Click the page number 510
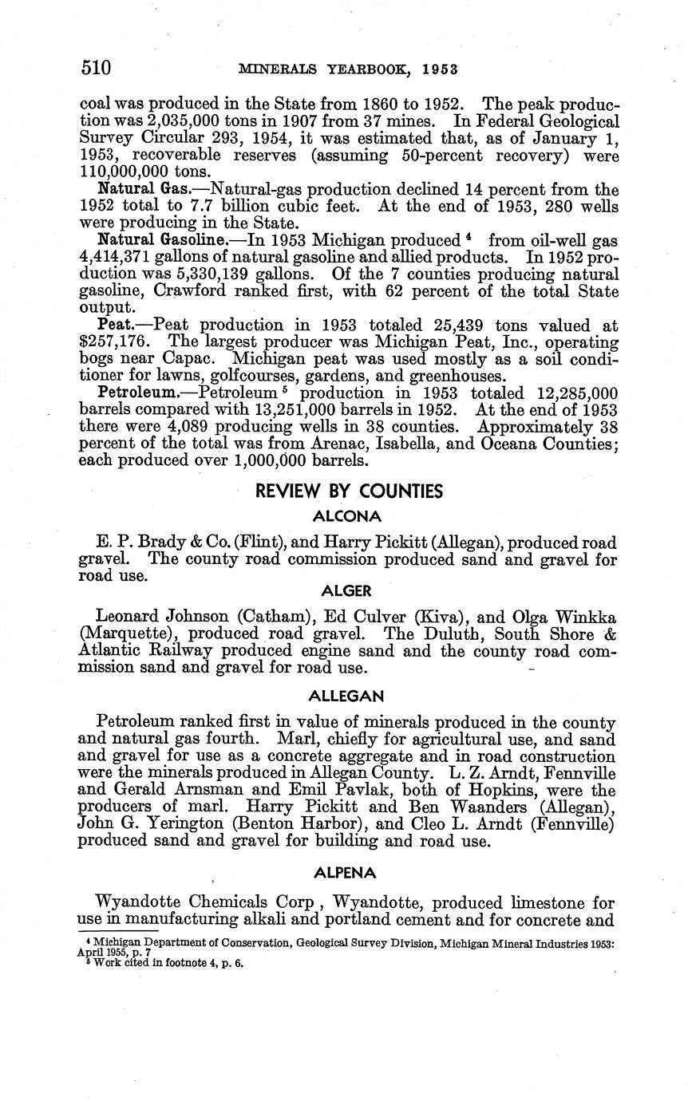[x=96, y=68]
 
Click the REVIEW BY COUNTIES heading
[x=349, y=491]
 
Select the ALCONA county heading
[x=348, y=516]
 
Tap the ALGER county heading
[x=348, y=590]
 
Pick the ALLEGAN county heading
[x=348, y=697]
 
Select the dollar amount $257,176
[x=112, y=342]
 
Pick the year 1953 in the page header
[x=440, y=69]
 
